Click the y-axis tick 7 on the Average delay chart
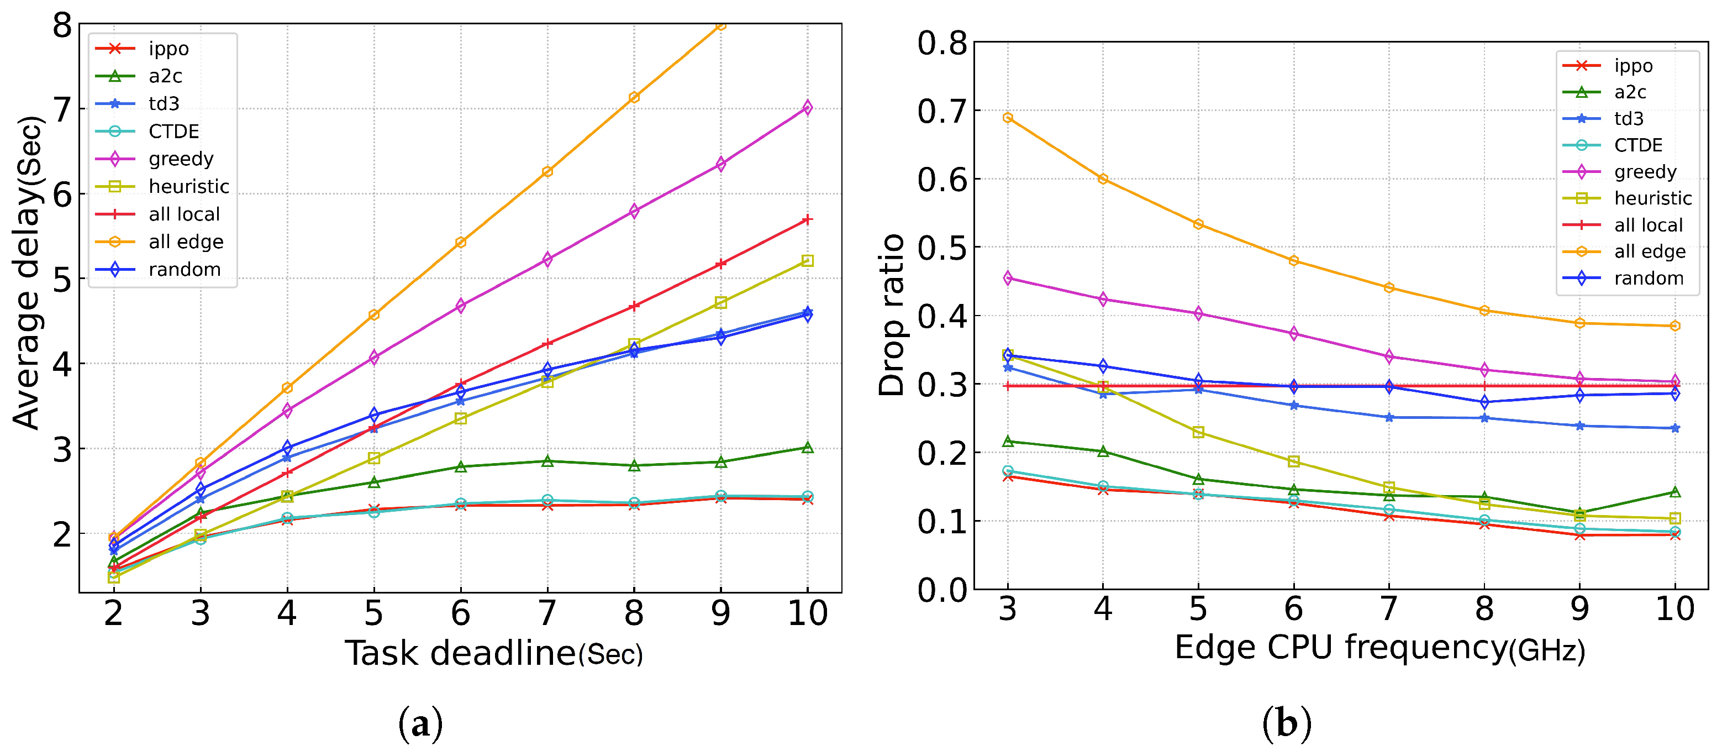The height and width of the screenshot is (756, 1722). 62,109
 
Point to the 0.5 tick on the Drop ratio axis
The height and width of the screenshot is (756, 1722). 942,248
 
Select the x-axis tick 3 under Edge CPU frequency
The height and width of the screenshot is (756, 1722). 1007,609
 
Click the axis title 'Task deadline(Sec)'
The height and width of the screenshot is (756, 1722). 493,654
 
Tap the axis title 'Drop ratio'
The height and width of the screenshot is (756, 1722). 892,315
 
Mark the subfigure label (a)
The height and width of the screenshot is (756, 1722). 420,724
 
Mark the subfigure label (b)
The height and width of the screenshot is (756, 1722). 1286,724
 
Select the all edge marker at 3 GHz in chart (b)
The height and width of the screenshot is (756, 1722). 1007,118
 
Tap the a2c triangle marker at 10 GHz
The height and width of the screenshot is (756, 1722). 1675,492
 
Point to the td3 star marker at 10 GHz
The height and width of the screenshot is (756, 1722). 1675,428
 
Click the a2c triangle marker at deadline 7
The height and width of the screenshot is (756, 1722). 547,461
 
